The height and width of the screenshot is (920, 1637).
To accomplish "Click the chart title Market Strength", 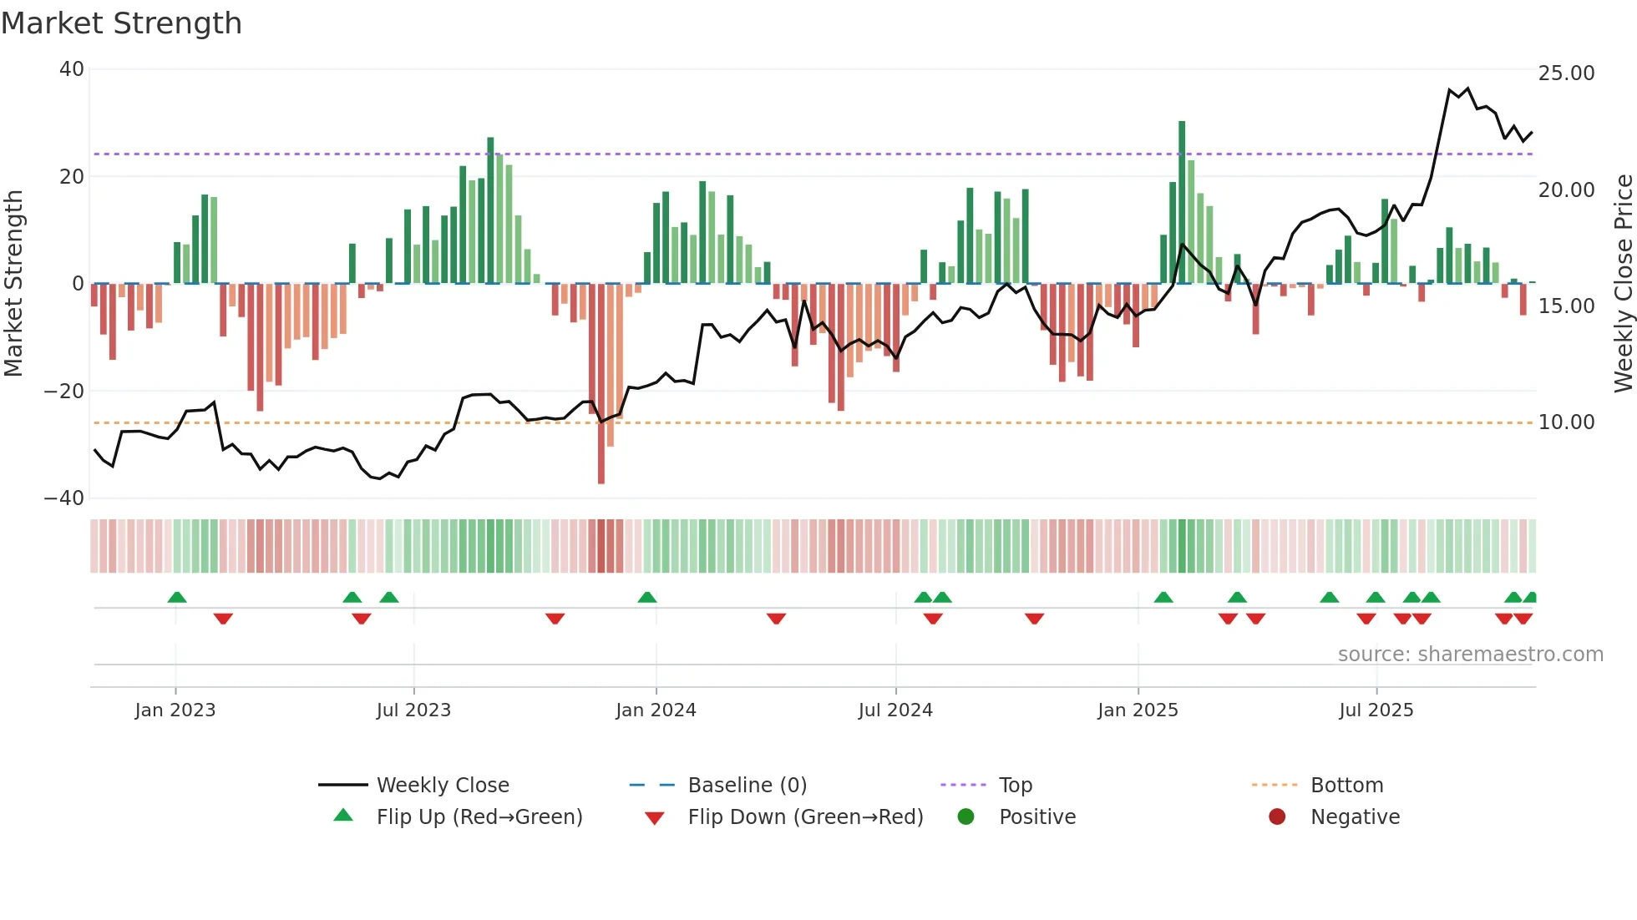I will [x=122, y=23].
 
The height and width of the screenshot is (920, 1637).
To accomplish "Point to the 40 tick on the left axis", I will [x=72, y=69].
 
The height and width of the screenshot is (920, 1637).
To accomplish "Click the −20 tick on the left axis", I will [x=64, y=391].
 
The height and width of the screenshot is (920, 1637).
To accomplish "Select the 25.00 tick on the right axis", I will [x=1566, y=73].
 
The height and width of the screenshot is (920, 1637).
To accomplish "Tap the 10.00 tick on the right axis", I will [x=1566, y=422].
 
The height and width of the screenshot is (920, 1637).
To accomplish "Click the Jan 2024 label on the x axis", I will [x=656, y=710].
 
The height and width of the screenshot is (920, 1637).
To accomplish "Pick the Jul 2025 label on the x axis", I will [x=1376, y=710].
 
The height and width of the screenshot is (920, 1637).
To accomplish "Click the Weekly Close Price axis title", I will [x=1623, y=284].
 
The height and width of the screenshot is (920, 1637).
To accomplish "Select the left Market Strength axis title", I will [x=13, y=284].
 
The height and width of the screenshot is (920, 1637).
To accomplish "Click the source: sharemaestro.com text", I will [x=1470, y=655].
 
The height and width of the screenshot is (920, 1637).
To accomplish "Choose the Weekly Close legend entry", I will [x=442, y=786].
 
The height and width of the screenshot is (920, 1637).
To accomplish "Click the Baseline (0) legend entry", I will [x=747, y=786].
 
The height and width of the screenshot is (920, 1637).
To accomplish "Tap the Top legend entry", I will [x=1016, y=786].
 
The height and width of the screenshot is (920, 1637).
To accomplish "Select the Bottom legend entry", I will [x=1346, y=786].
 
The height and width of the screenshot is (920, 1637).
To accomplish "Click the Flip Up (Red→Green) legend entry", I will [x=479, y=817].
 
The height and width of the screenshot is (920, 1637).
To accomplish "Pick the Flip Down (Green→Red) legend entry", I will [x=805, y=817].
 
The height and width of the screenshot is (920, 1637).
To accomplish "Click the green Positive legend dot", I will [x=966, y=817].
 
